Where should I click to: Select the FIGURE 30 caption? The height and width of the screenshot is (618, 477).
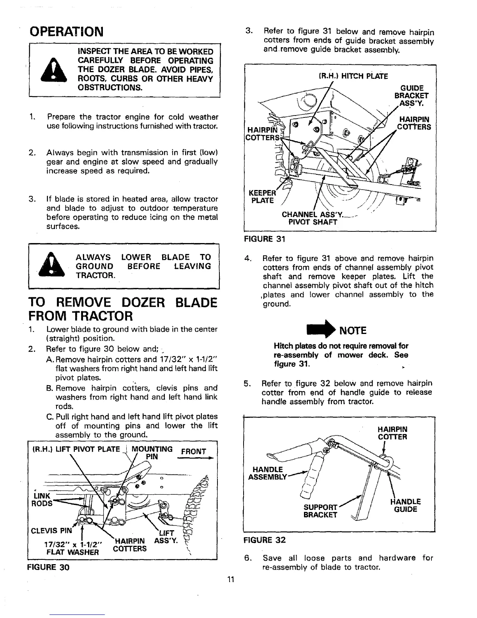48,567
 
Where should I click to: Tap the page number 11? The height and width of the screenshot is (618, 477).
230,580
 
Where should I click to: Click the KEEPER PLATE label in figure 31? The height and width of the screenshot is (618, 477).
261,197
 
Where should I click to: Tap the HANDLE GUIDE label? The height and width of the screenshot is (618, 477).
405,506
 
